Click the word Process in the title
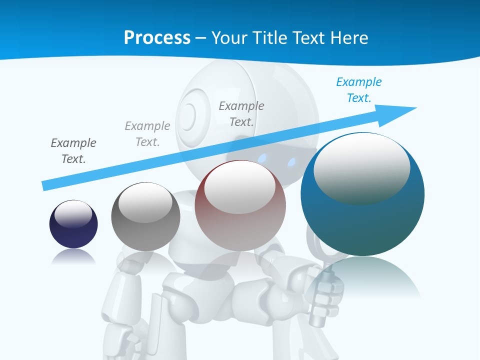(157, 37)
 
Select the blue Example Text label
(358, 90)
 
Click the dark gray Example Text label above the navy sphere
(73, 151)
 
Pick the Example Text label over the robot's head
(241, 114)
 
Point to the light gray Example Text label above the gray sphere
(147, 134)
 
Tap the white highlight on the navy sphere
(73, 214)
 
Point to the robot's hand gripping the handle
(324, 295)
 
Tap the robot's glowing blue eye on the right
(291, 161)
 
